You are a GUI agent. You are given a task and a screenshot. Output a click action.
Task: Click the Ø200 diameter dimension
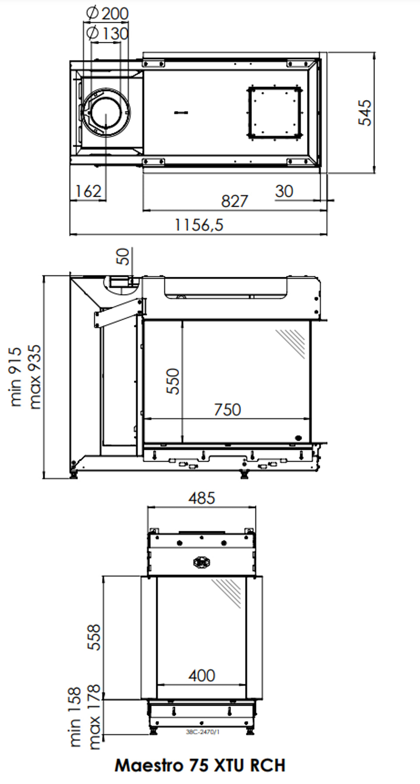107,13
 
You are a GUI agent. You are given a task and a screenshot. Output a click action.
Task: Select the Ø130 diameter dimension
107,33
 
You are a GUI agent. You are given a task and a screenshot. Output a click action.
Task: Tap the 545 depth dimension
365,113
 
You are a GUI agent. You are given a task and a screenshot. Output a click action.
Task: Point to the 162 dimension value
88,191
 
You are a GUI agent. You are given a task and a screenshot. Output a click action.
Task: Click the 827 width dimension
234,201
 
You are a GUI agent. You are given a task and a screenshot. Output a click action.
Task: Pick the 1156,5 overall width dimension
199,225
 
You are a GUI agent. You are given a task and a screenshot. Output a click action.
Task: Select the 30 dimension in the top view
284,191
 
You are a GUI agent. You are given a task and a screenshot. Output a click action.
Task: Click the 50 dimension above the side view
123,256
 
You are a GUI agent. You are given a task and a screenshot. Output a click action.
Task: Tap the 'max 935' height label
34,377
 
